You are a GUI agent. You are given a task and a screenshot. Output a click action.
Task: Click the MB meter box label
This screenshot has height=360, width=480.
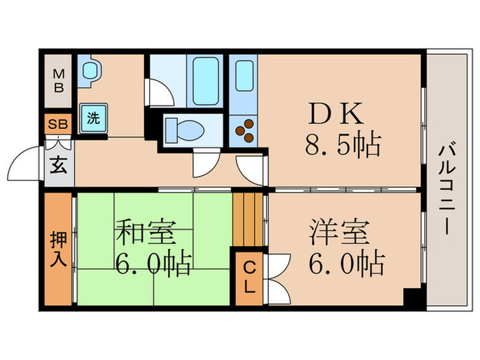[60, 81]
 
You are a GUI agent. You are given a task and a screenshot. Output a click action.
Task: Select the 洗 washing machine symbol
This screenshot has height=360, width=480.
[92, 117]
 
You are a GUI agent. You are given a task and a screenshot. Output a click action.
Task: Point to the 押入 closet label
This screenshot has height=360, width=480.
[59, 250]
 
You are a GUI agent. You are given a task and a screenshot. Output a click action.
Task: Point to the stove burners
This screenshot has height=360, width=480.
[244, 130]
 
